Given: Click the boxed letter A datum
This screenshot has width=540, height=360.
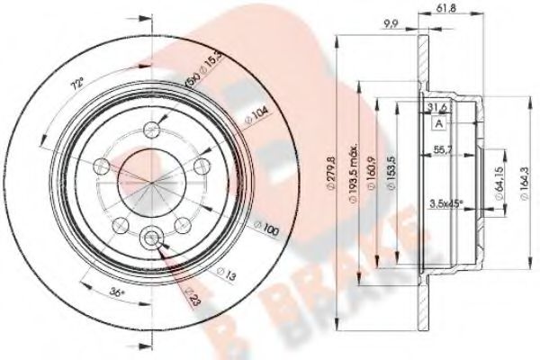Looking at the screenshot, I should [439, 123].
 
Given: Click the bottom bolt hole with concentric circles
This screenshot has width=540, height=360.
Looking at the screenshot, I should [152, 237].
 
